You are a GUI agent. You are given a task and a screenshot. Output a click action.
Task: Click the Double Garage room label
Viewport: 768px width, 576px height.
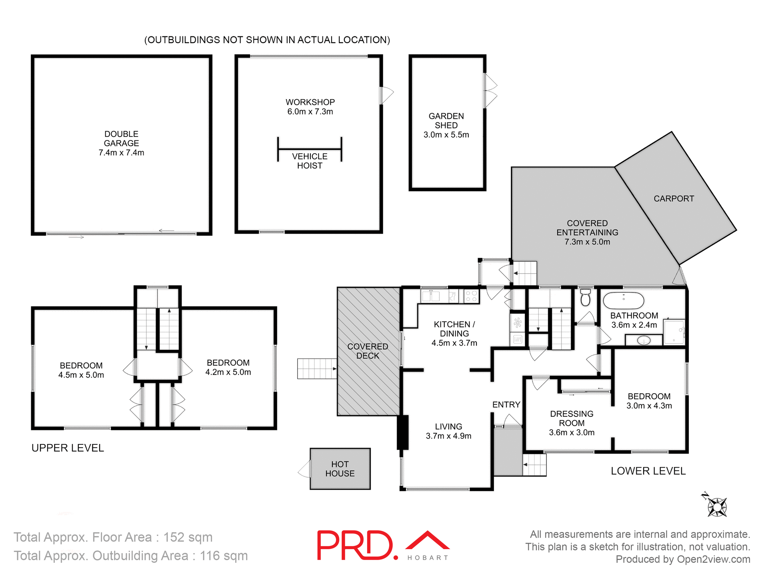[121, 138]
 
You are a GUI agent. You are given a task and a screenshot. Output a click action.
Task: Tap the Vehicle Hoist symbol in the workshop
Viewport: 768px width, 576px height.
[310, 149]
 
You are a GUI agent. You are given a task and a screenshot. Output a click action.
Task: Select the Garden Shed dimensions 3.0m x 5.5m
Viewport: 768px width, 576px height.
[446, 135]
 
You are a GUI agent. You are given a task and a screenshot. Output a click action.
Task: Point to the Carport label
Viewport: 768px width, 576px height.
[674, 198]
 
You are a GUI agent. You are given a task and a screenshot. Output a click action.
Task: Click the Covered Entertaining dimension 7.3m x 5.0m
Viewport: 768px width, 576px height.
[587, 242]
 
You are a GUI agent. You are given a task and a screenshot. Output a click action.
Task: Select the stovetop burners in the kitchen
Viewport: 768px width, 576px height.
[471, 296]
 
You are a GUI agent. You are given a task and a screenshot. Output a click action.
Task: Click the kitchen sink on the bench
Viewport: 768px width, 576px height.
[431, 296]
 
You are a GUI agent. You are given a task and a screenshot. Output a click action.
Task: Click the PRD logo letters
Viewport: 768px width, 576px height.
[355, 545]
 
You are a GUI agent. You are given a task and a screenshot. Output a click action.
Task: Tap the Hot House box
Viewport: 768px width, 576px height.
[340, 469]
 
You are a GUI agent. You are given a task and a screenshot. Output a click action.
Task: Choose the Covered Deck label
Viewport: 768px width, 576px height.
[368, 351]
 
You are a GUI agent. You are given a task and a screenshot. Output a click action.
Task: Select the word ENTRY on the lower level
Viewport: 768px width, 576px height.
[506, 405]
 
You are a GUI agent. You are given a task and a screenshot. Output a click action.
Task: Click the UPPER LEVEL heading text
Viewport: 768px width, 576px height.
[68, 448]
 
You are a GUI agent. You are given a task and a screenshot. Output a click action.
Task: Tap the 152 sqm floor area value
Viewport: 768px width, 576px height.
[188, 537]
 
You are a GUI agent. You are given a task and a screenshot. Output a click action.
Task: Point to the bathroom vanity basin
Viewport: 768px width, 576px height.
[644, 341]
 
